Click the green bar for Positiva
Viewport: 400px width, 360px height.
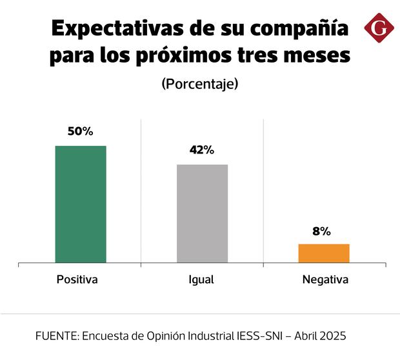[x=81, y=204]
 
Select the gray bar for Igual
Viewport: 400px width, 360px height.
[x=202, y=214]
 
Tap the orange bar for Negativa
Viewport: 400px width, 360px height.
[x=323, y=253]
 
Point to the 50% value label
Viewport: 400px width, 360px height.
[x=81, y=131]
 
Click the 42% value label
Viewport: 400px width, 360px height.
[x=202, y=150]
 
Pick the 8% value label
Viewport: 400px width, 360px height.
[x=321, y=231]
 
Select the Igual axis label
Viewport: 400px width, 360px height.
[x=201, y=281]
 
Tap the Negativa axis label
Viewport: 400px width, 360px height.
[x=325, y=280]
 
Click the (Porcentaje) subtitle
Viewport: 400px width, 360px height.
[x=200, y=84]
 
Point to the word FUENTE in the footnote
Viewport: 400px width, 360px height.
[x=55, y=336]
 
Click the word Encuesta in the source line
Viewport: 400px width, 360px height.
[x=103, y=336]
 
